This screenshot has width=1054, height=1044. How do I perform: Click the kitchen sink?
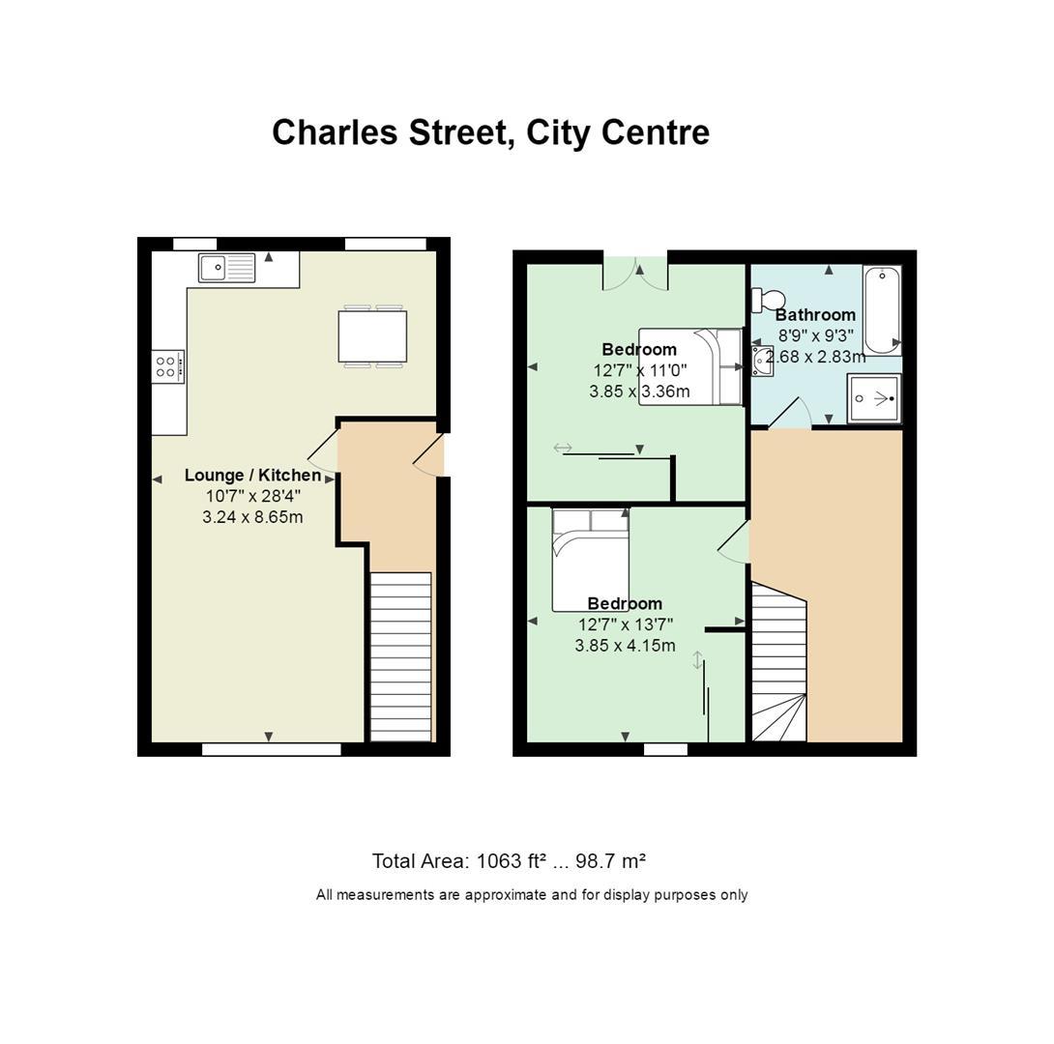pyautogui.click(x=226, y=268)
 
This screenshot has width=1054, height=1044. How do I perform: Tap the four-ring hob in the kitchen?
pyautogui.click(x=168, y=366)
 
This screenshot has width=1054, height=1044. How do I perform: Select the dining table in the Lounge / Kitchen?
pyautogui.click(x=372, y=335)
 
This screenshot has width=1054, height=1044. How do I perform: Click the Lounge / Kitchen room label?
pyautogui.click(x=252, y=475)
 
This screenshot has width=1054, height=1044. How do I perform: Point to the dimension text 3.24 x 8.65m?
pyautogui.click(x=252, y=516)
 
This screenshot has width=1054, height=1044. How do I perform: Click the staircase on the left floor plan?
pyautogui.click(x=400, y=656)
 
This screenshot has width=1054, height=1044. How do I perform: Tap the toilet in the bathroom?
pyautogui.click(x=766, y=300)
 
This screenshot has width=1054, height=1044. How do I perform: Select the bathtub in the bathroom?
pyautogui.click(x=882, y=310)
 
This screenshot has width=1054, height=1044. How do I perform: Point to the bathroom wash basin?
pyautogui.click(x=761, y=361)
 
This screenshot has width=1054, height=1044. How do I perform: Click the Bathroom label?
pyautogui.click(x=815, y=315)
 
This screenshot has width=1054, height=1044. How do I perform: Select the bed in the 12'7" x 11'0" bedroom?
pyautogui.click(x=690, y=366)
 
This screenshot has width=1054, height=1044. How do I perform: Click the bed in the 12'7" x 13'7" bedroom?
pyautogui.click(x=591, y=561)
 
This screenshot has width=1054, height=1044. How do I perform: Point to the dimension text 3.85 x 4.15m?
pyautogui.click(x=625, y=645)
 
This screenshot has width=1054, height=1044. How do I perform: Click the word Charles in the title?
pyautogui.click(x=335, y=132)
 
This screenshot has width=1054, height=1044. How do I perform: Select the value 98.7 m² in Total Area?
pyautogui.click(x=611, y=860)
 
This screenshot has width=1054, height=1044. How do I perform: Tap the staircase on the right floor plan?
pyautogui.click(x=779, y=662)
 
